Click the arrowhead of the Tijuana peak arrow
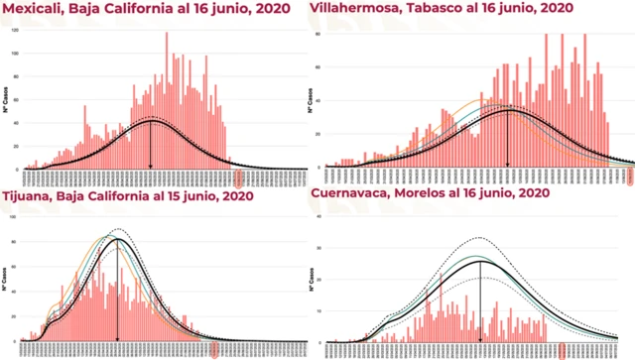click(117, 339)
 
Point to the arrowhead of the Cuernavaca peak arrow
click(480, 339)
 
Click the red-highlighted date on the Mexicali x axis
click(238, 179)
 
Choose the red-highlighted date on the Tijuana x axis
click(211, 349)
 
